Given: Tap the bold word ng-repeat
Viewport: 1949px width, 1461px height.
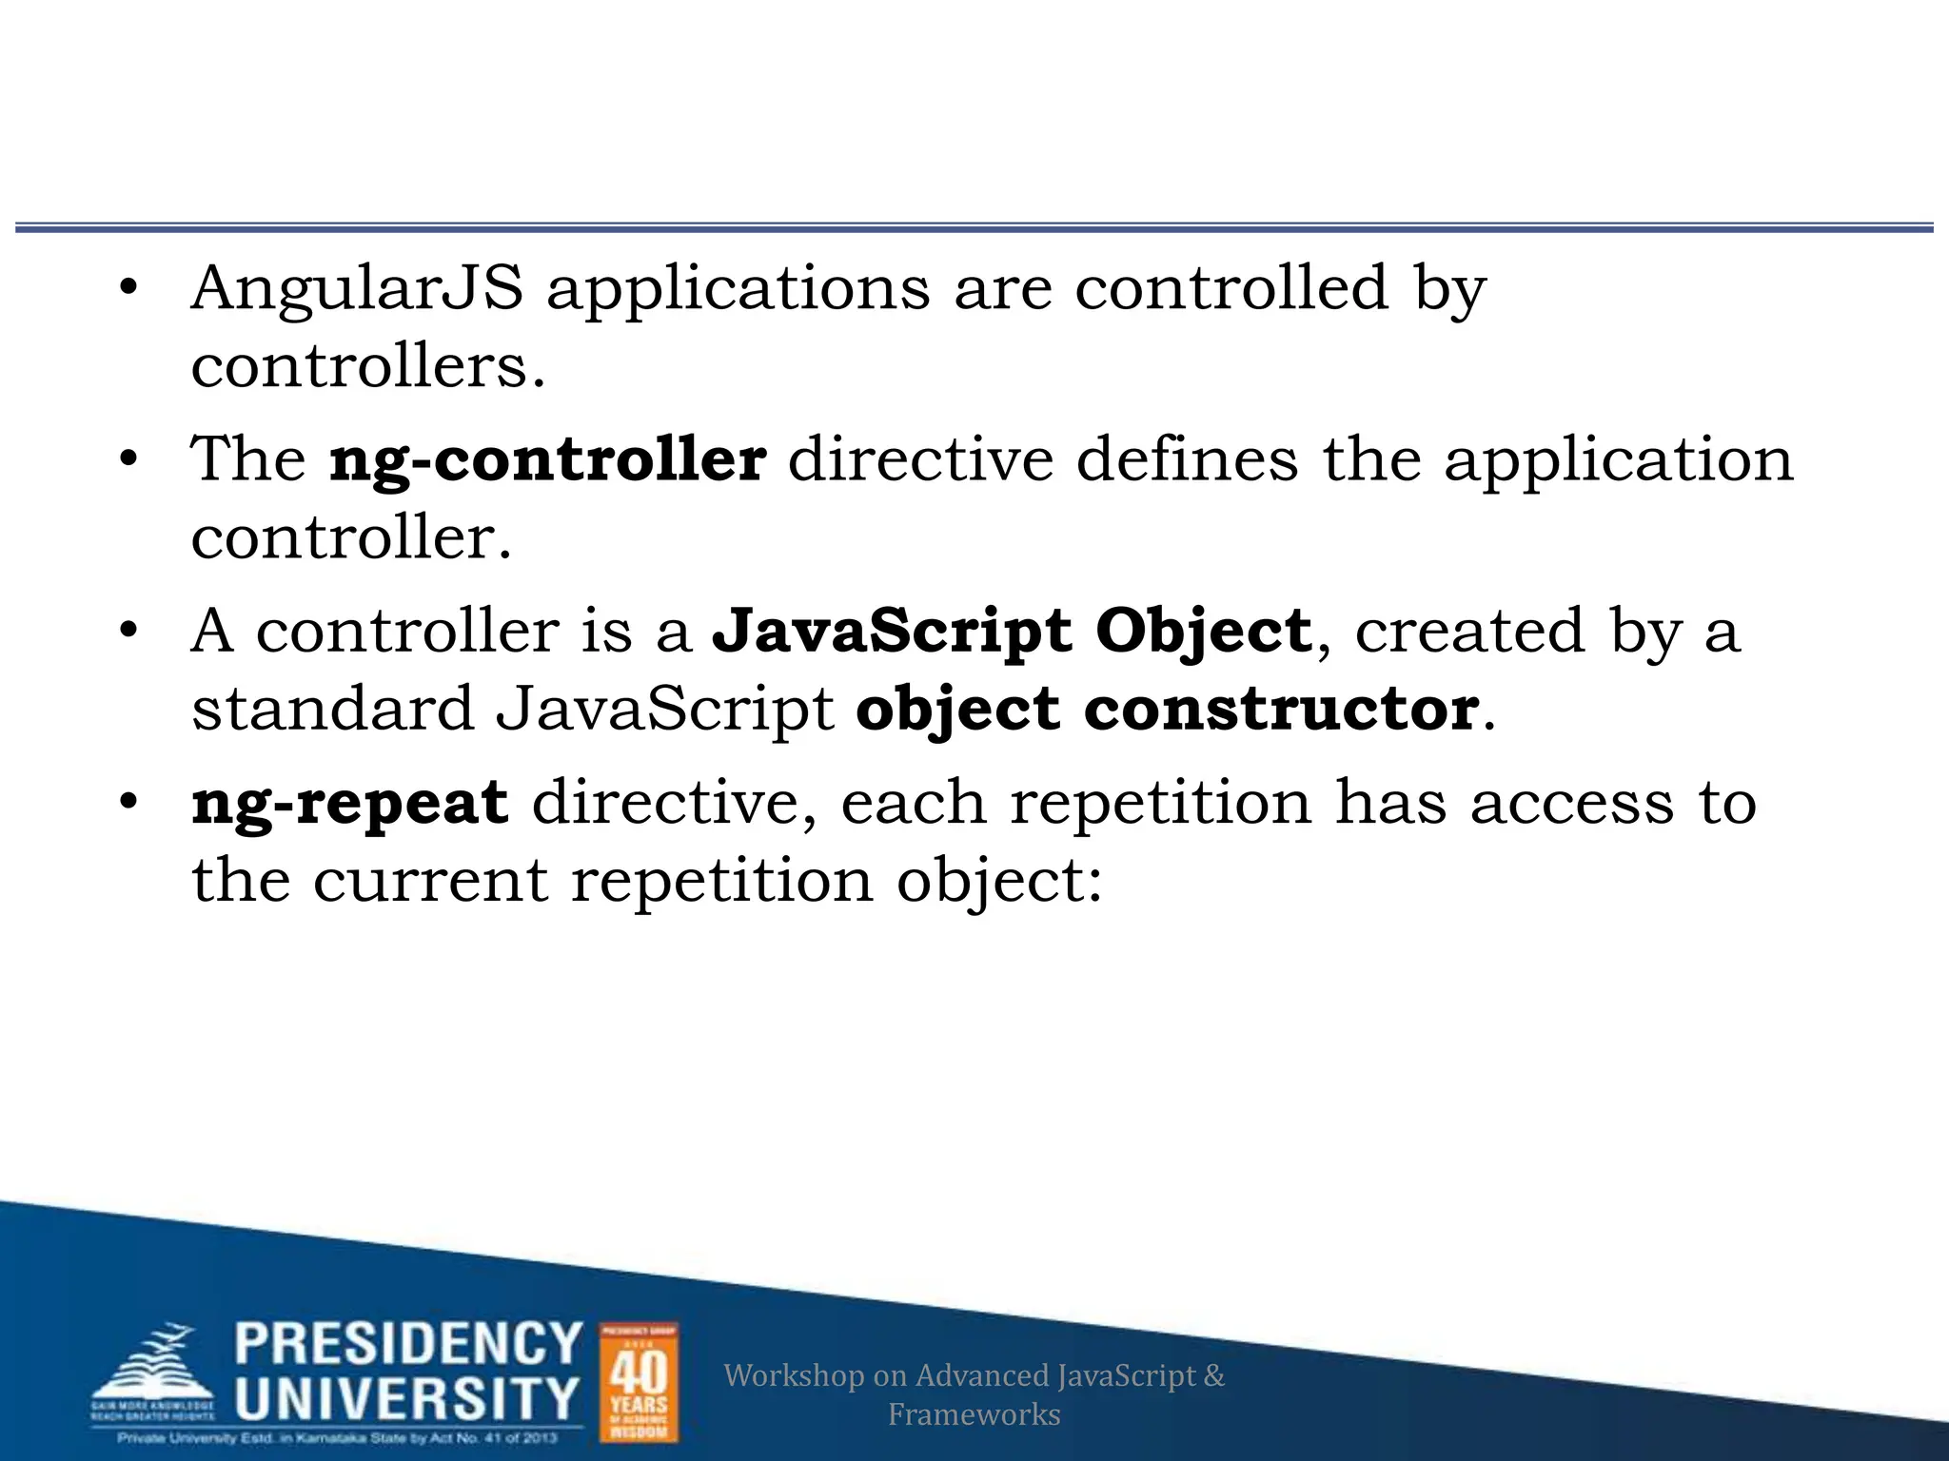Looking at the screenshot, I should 349,804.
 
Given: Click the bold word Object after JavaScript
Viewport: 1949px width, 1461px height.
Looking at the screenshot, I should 1203,632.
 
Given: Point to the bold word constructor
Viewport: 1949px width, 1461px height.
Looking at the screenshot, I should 1281,710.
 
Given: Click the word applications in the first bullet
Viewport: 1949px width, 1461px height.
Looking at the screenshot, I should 738,290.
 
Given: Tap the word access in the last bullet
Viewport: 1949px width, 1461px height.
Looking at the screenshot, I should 1571,804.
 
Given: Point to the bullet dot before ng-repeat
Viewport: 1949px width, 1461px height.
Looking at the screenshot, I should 129,804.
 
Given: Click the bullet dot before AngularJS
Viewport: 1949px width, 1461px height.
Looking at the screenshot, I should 129,288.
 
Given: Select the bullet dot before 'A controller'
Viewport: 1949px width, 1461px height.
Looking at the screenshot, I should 129,632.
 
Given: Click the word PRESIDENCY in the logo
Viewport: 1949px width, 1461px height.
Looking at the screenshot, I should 408,1344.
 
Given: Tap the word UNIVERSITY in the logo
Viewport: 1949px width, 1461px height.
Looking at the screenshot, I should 406,1397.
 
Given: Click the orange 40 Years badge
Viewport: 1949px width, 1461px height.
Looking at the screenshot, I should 639,1382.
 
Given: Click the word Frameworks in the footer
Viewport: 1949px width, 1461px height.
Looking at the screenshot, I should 974,1414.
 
